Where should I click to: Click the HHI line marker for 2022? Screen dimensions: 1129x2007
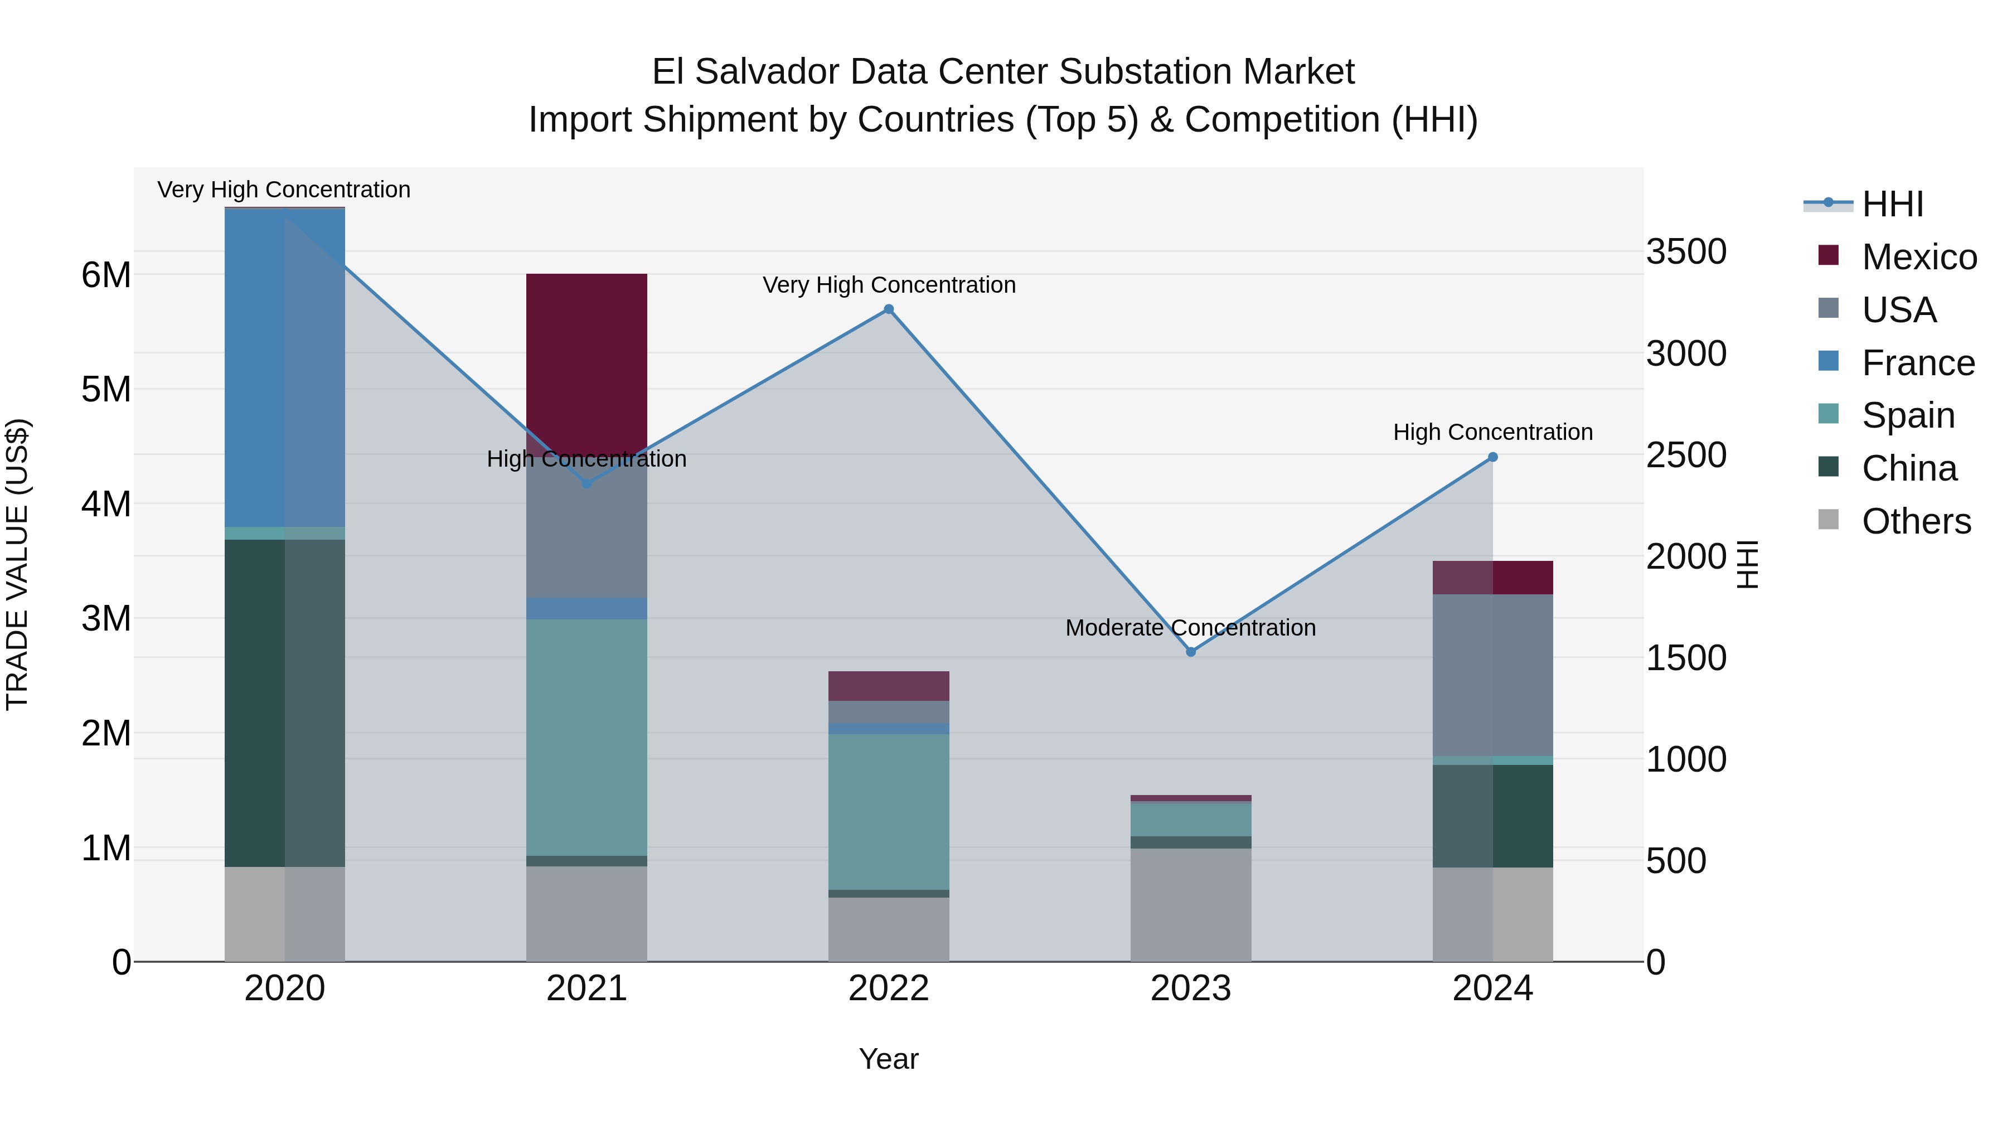pos(888,309)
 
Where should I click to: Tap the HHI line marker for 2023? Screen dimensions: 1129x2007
pos(1190,651)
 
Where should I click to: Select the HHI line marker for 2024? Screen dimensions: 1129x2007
pos(1493,457)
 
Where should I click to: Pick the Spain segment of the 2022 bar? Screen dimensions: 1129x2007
pos(888,810)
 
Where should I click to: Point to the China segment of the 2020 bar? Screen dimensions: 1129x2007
pos(284,701)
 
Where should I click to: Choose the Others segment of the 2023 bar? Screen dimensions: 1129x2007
pos(1190,904)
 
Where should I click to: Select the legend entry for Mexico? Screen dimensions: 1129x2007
pos(1918,257)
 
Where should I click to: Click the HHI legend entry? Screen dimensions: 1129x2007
pos(1892,204)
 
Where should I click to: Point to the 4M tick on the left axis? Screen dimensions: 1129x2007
pos(106,504)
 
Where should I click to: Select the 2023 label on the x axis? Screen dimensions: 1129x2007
pos(1190,989)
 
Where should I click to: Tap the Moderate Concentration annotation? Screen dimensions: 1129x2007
pos(1190,627)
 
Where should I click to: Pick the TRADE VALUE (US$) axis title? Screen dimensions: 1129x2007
pos(17,564)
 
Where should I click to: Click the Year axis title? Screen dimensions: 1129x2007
pos(888,1059)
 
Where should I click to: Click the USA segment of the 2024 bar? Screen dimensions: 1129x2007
pos(1493,675)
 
